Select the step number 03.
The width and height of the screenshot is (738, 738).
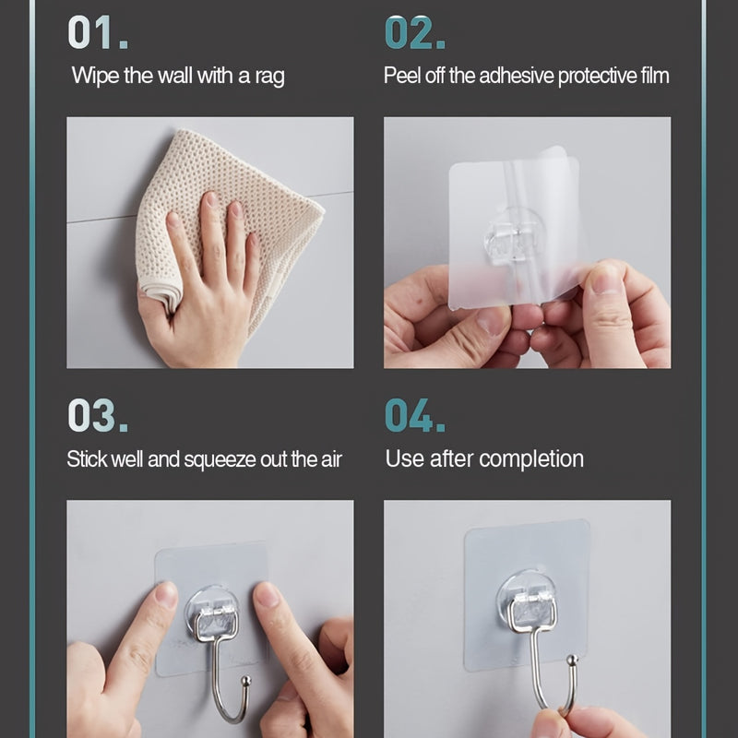coord(97,416)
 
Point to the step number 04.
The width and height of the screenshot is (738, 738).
coord(414,416)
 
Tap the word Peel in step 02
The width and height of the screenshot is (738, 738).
coord(403,76)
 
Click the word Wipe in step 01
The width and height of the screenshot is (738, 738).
coord(95,76)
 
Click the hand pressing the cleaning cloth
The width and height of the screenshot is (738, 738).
coord(198,286)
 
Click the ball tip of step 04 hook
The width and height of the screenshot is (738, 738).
coord(572,661)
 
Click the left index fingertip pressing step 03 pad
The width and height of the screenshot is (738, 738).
coord(165,595)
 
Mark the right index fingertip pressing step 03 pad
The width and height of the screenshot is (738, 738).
coord(267,595)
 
